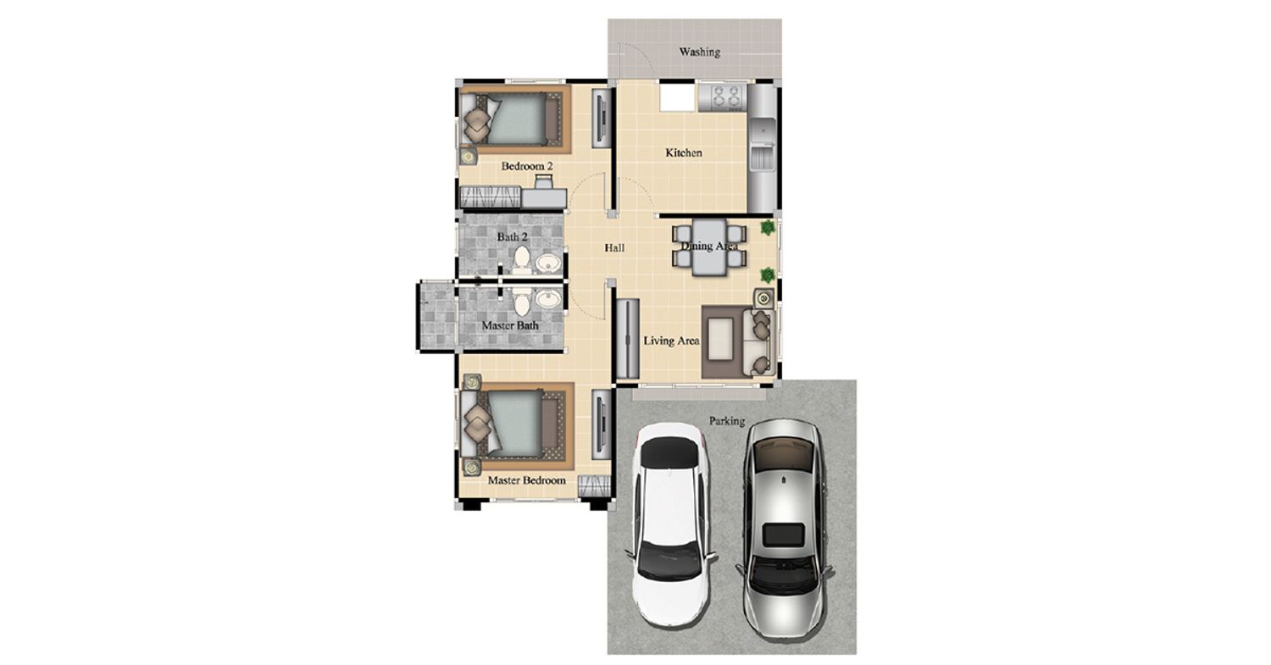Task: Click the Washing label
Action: (700, 53)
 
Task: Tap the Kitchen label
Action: (684, 152)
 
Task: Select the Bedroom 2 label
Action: (527, 166)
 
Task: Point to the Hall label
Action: (614, 248)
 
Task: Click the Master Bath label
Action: (510, 325)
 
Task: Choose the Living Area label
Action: (671, 341)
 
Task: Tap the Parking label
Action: (727, 421)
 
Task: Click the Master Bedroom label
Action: (526, 480)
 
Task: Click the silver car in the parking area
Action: (785, 530)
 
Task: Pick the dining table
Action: (709, 247)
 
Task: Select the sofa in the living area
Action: (758, 342)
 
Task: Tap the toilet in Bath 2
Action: (521, 260)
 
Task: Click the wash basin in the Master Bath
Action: (548, 299)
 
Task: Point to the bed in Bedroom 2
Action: (511, 119)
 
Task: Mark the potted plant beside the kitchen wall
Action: (768, 228)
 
